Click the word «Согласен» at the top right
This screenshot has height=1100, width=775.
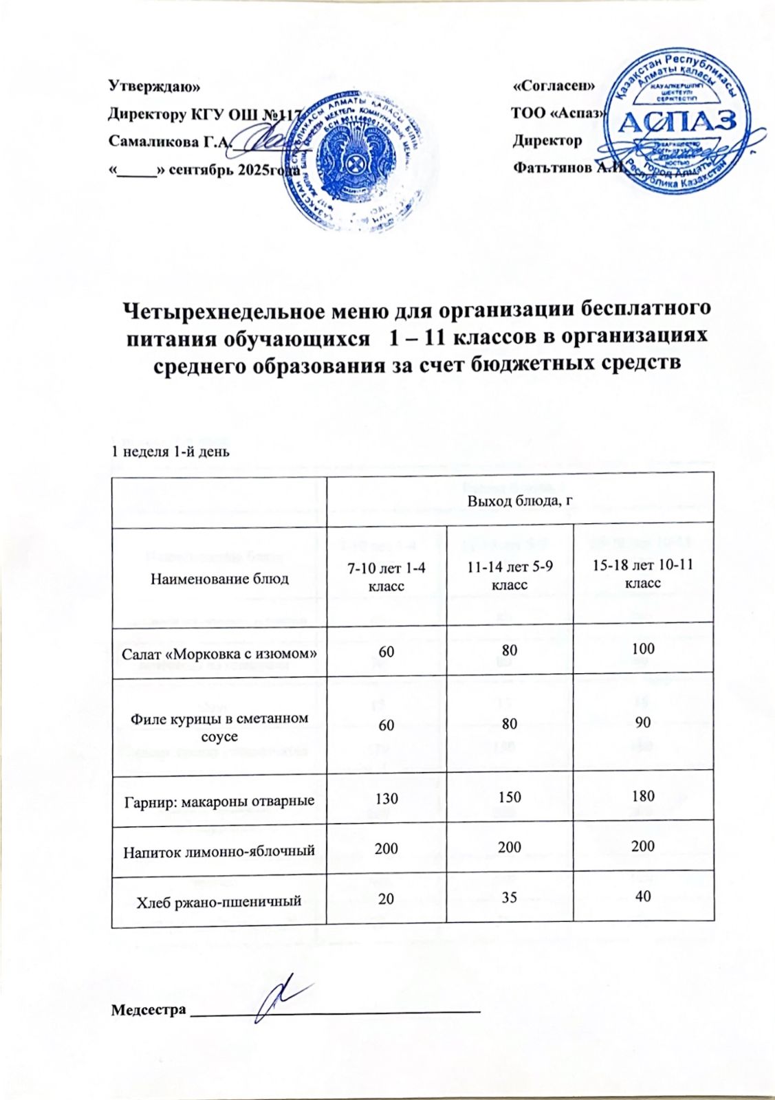click(554, 87)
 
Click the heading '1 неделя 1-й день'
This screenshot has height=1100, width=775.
click(170, 452)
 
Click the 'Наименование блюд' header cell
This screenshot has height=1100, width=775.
click(219, 579)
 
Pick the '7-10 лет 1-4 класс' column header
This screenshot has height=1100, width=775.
click(386, 576)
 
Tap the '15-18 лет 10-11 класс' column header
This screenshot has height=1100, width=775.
click(643, 575)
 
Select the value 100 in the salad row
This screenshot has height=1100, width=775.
click(643, 648)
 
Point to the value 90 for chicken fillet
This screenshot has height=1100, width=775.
click(643, 723)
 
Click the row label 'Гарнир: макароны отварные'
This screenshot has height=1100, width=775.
click(219, 801)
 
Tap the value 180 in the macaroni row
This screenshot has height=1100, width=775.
click(643, 796)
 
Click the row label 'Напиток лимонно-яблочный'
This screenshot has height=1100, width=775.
click(219, 851)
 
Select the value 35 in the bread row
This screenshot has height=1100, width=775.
click(510, 897)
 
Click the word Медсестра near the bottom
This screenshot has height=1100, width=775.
click(149, 1011)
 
